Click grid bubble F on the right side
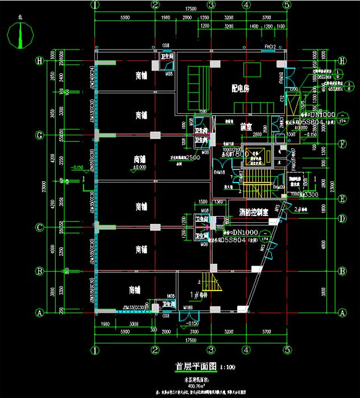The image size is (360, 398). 342,143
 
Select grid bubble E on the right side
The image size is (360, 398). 342,198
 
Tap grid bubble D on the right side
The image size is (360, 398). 342,218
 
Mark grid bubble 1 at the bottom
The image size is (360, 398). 94,350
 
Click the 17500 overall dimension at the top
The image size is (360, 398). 190,10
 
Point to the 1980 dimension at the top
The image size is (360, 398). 165,19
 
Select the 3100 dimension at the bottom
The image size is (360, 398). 193,331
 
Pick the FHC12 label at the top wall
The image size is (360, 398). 270,45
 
